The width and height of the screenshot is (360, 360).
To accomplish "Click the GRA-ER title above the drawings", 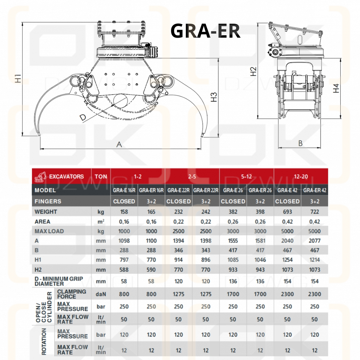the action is [205, 31].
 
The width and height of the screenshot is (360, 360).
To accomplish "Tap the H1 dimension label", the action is [18, 78].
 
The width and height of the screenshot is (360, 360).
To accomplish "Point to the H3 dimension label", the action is [214, 97].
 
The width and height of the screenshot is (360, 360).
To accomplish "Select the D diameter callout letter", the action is [83, 118].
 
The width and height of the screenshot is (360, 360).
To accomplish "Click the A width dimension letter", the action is [119, 144].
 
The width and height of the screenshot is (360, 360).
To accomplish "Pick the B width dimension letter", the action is [300, 143].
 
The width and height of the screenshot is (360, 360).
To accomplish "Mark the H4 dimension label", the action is [336, 88].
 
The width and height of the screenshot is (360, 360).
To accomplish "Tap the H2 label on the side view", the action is [253, 71].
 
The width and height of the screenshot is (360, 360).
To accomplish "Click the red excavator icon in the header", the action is [40, 177].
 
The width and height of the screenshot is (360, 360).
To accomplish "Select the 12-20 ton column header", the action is [301, 177].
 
